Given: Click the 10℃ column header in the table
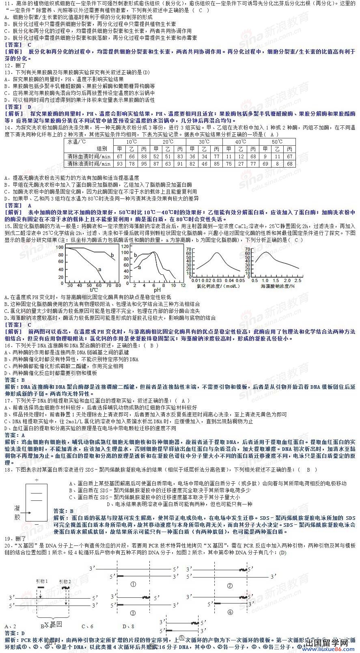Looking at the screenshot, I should click(131, 142).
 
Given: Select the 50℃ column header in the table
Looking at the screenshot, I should click(277, 142).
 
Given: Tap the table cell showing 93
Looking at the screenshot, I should click(119, 164).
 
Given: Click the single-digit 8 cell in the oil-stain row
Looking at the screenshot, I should click(278, 164).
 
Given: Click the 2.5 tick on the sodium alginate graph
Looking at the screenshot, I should click(297, 280).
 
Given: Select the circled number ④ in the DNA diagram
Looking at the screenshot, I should click(230, 612).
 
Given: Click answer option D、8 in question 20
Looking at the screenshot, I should click(128, 626).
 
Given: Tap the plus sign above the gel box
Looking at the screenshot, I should click(37, 480).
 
